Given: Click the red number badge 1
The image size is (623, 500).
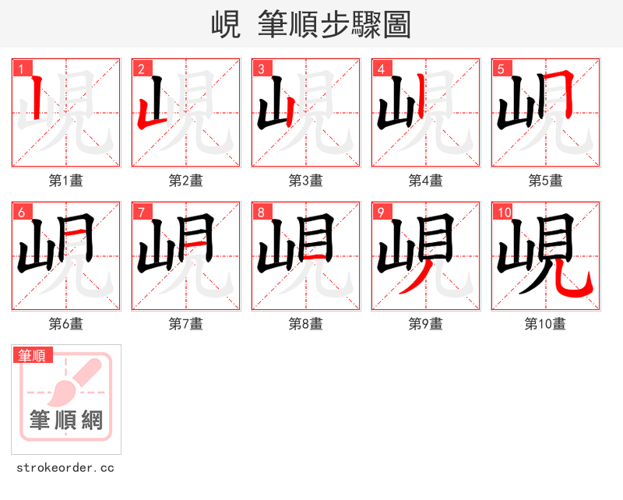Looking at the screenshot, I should click(21, 69).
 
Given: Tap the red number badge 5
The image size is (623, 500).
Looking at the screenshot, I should click(501, 69).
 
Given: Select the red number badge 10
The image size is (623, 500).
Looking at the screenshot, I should click(504, 212).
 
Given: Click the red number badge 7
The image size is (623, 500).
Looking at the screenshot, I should click(141, 212).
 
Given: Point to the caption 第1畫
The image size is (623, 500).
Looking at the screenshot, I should click(66, 181).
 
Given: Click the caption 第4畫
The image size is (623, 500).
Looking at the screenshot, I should click(426, 181).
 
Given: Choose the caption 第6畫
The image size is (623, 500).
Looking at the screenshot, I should click(66, 324).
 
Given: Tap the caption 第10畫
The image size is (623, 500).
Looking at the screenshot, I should click(545, 324).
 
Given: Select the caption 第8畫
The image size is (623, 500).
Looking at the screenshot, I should click(306, 324).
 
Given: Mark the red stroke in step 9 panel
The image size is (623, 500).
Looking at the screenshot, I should click(414, 279).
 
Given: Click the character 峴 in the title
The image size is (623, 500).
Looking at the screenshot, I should click(225, 25).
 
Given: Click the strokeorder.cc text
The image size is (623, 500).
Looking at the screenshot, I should click(65, 468).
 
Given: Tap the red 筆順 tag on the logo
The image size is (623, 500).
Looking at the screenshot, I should click(33, 355).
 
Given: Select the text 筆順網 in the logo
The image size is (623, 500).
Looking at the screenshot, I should click(66, 421).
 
